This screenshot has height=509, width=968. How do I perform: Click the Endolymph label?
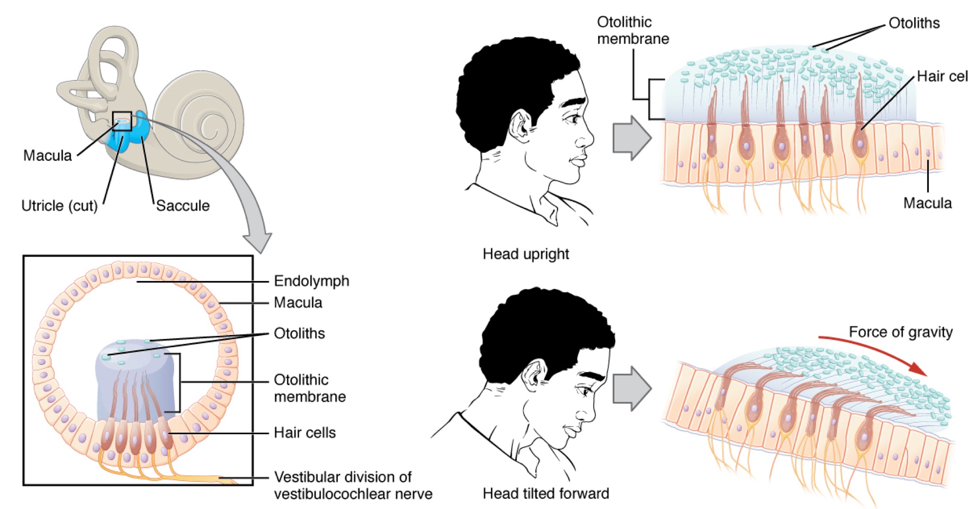pyautogui.click(x=311, y=281)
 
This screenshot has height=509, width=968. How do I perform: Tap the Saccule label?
pyautogui.click(x=183, y=206)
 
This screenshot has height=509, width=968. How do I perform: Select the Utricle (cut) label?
pyautogui.click(x=60, y=206)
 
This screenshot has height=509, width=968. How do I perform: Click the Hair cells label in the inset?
pyautogui.click(x=305, y=433)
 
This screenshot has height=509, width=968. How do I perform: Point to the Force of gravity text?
pyautogui.click(x=900, y=332)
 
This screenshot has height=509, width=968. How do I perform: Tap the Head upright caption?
pyautogui.click(x=525, y=253)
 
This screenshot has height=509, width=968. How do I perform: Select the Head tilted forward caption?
pyautogui.click(x=545, y=493)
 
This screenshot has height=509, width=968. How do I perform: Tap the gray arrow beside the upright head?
pyautogui.click(x=631, y=137)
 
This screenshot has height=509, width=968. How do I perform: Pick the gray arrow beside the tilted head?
pyautogui.click(x=631, y=388)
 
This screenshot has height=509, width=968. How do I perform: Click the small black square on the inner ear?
pyautogui.click(x=122, y=121)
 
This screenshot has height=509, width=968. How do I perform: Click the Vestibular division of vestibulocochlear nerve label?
pyautogui.click(x=353, y=485)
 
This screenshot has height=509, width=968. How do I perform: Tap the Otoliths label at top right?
pyautogui.click(x=914, y=23)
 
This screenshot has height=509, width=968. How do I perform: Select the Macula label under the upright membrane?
pyautogui.click(x=927, y=203)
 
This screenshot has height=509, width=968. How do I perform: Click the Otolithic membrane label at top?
pyautogui.click(x=632, y=31)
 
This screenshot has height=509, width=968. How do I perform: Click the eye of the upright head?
pyautogui.click(x=574, y=120)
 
